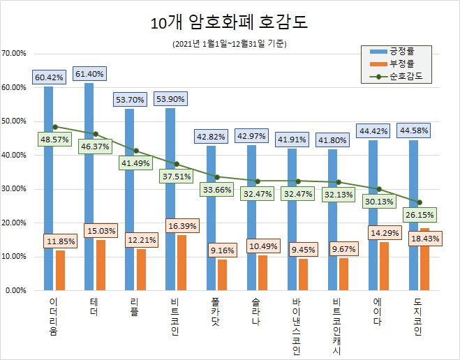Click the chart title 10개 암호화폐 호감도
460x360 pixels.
[230, 22]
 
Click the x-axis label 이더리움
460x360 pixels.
[54, 316]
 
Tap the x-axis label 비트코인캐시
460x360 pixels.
[339, 324]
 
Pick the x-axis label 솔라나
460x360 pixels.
[258, 312]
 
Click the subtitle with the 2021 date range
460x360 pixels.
[230, 44]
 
